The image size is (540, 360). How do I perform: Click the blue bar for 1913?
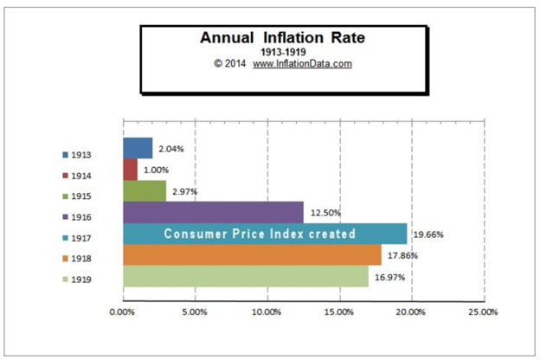coord(138,148)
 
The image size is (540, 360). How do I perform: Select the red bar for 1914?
coord(130,170)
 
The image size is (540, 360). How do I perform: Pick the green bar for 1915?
coord(145,190)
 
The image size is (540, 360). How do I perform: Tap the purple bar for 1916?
coord(213,212)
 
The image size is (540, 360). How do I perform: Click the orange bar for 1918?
coord(252,254)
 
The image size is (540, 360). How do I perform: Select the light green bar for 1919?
coord(245,276)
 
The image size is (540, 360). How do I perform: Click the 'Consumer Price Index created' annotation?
coord(260,234)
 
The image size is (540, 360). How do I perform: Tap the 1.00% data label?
coord(157,170)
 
